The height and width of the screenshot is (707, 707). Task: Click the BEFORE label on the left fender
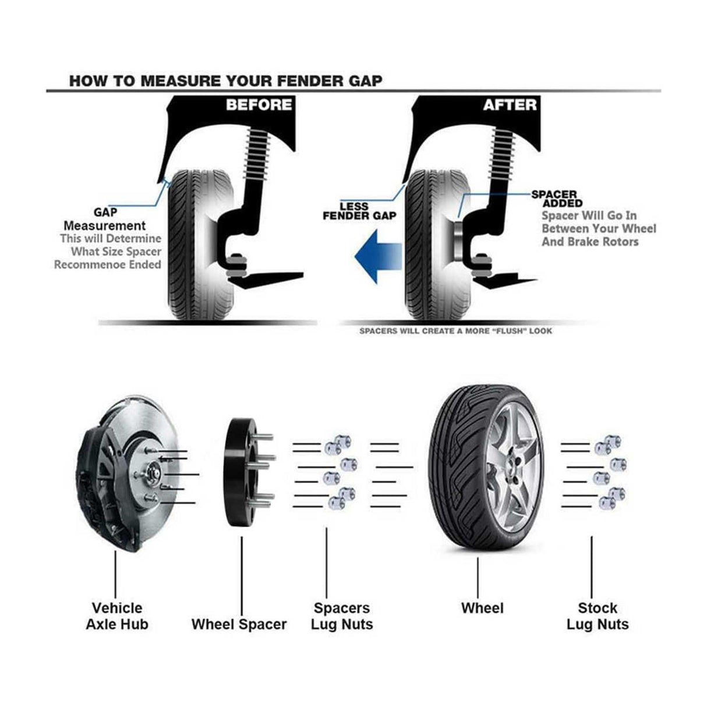259,105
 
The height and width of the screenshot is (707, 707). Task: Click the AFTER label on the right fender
510,105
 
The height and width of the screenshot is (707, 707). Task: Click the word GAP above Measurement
105,213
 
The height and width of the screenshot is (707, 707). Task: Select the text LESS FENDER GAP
359,211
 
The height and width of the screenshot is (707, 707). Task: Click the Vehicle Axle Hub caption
117,616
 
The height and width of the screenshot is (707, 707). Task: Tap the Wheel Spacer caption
239,624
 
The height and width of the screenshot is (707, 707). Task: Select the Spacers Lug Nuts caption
342,616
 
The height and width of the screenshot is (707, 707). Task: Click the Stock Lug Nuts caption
598,616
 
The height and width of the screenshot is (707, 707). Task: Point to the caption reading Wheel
482,608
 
